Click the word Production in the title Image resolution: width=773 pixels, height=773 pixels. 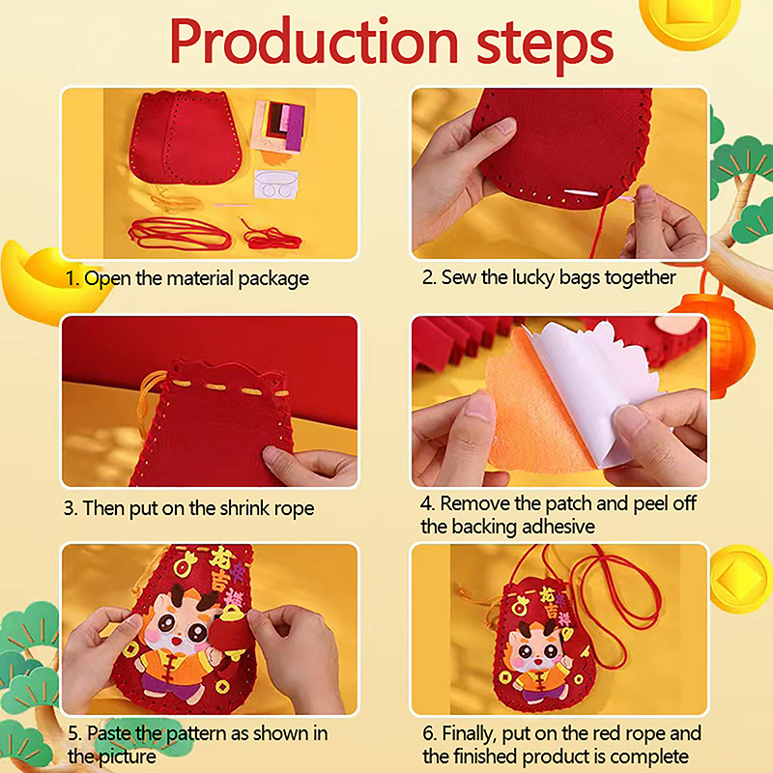[x=314, y=42]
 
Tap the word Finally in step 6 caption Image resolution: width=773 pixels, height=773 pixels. [x=470, y=733]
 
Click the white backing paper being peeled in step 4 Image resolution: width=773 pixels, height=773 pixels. [x=599, y=389]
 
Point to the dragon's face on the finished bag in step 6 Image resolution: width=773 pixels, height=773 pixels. [x=536, y=649]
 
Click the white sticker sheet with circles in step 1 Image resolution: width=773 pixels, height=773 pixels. [x=276, y=185]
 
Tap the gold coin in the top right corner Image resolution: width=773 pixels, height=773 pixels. [x=690, y=19]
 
